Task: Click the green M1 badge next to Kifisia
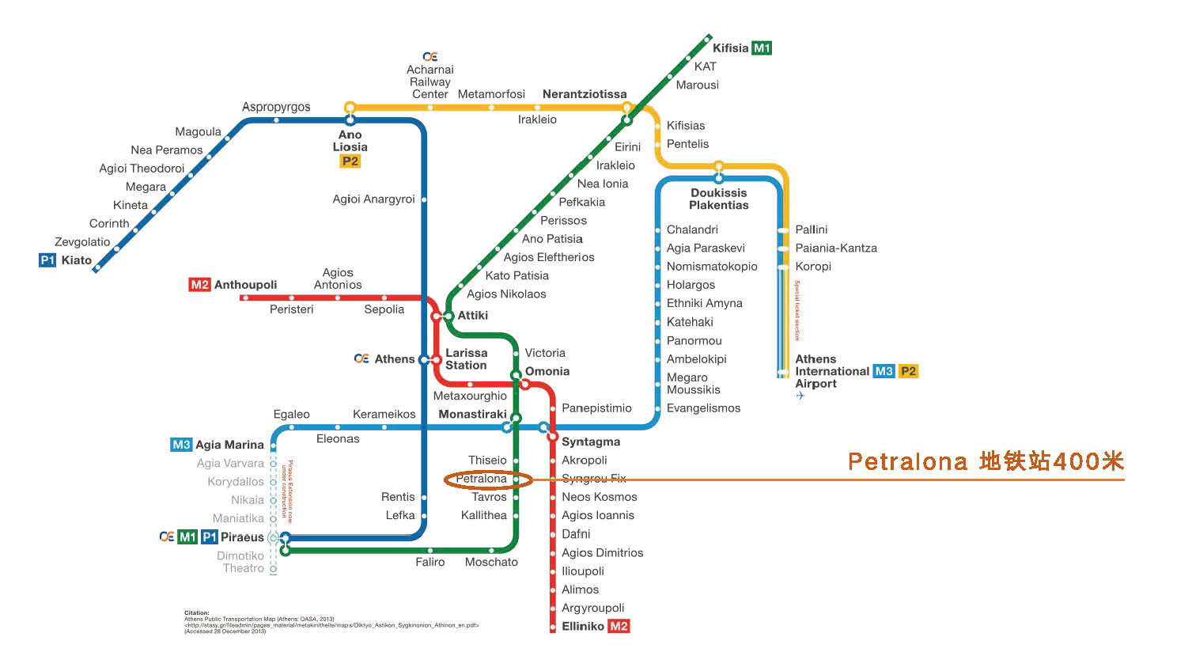tap(761, 48)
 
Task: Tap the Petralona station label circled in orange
tap(481, 479)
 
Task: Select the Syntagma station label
tap(591, 442)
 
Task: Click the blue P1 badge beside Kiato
tap(47, 260)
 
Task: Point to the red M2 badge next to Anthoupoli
tap(199, 285)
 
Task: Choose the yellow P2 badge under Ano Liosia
tap(350, 161)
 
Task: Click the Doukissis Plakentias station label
tap(718, 199)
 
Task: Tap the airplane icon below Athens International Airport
tap(800, 396)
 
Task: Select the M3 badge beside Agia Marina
tap(181, 445)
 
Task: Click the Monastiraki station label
tap(472, 414)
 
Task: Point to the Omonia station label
tap(547, 371)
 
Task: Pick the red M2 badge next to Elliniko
tap(619, 627)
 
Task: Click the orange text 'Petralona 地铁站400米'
tap(986, 462)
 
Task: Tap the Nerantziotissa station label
tap(585, 94)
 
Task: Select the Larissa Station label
tap(467, 359)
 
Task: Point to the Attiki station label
tap(473, 315)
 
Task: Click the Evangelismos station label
tap(703, 408)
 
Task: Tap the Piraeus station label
tap(242, 537)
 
